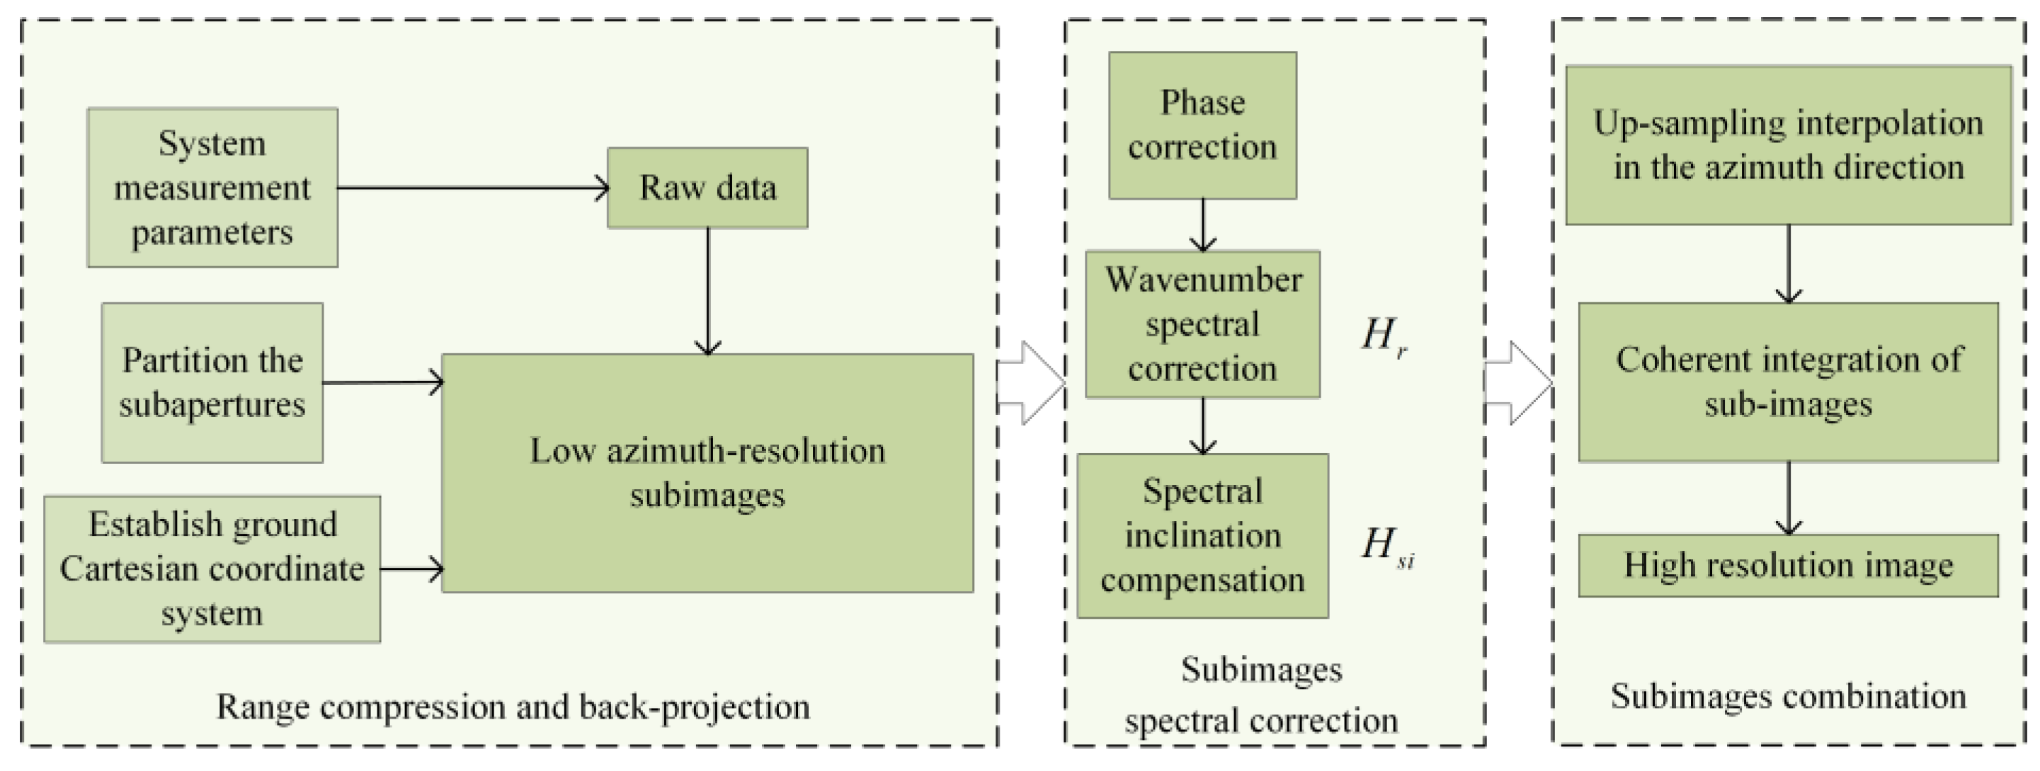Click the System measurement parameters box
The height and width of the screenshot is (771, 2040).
pos(212,188)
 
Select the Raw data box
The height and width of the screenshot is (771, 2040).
pos(707,188)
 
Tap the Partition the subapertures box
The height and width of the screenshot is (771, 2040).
pos(212,382)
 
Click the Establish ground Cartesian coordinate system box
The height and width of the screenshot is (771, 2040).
pos(212,569)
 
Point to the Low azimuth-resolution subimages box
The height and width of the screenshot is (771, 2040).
pos(707,472)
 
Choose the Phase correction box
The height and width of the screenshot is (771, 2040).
pos(1202,125)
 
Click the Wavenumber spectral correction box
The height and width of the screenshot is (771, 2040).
pos(1202,324)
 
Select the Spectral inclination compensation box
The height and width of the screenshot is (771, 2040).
pos(1202,535)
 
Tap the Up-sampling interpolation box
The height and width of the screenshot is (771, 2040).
pos(1788,145)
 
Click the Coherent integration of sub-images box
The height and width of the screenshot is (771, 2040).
pos(1788,382)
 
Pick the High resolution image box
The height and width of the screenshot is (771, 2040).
pos(1788,565)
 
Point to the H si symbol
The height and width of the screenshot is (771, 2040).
pos(1386,546)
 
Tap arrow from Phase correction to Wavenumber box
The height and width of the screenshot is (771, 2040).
pos(1203,225)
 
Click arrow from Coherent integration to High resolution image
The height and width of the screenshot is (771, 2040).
pos(1788,498)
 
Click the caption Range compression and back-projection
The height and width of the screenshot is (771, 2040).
pos(513,707)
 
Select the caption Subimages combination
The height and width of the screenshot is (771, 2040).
pos(1788,697)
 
